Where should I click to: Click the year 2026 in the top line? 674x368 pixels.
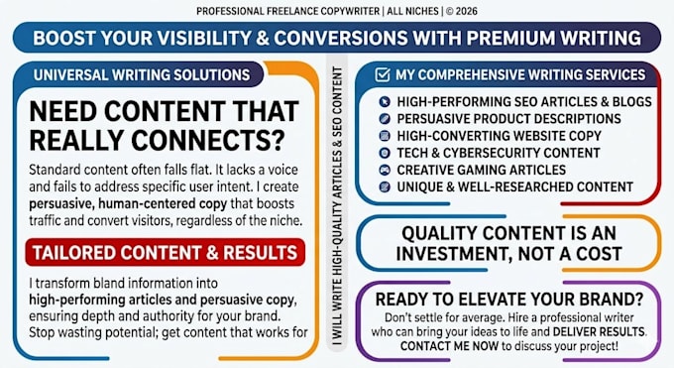pyautogui.click(x=467, y=11)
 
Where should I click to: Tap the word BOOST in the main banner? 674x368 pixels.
pyautogui.click(x=63, y=38)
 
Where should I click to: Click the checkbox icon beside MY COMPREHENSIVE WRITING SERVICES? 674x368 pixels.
pyautogui.click(x=383, y=74)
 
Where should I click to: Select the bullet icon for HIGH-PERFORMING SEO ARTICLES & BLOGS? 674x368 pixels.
pyautogui.click(x=385, y=101)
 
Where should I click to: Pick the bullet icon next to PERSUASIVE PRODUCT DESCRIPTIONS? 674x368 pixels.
pyautogui.click(x=385, y=119)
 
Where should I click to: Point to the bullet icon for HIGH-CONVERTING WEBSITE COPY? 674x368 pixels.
pyautogui.click(x=385, y=136)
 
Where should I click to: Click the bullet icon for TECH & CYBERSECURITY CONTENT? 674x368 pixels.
pyautogui.click(x=385, y=153)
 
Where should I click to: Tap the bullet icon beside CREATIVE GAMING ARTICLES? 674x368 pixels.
pyautogui.click(x=385, y=170)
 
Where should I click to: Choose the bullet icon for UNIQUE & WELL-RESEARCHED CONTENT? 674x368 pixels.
pyautogui.click(x=385, y=186)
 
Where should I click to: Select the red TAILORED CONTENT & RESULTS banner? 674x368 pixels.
pyautogui.click(x=166, y=253)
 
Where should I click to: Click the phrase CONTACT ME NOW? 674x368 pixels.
pyautogui.click(x=449, y=346)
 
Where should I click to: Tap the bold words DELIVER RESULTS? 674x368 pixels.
pyautogui.click(x=599, y=332)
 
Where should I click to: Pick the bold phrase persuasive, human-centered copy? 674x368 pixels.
pyautogui.click(x=128, y=203)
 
